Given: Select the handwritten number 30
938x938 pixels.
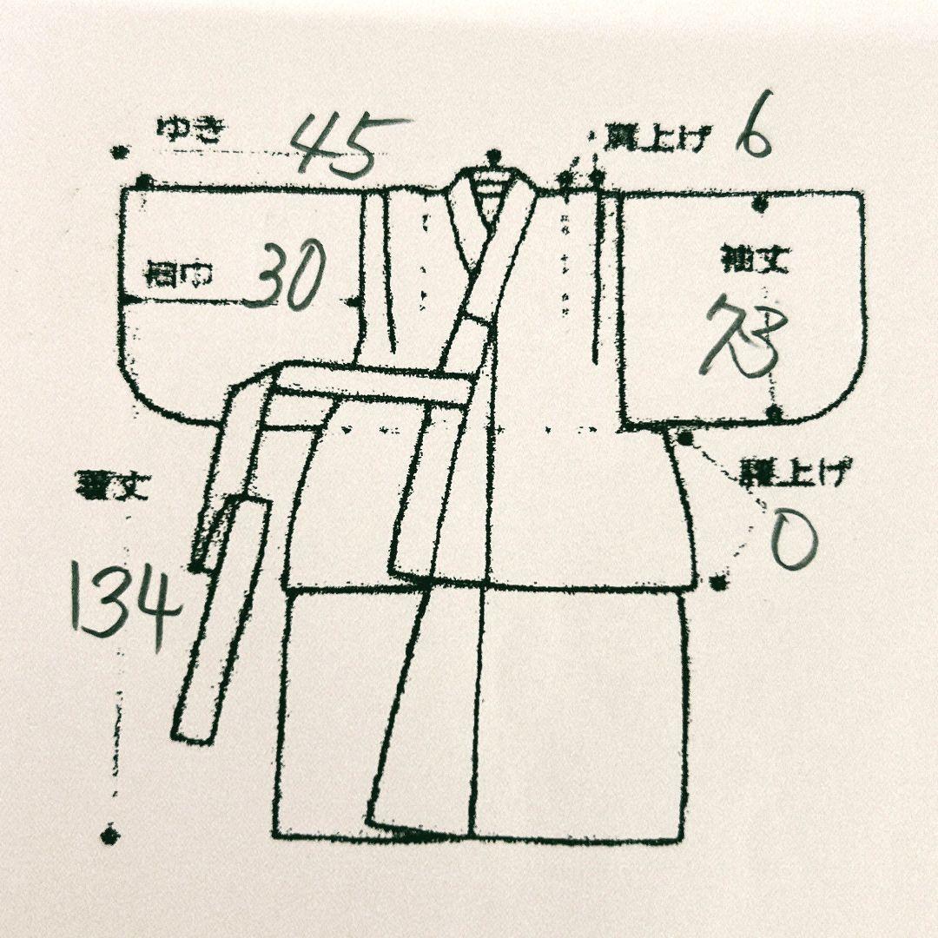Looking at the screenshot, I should (284, 274).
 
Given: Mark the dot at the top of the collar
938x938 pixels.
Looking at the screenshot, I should (495, 158).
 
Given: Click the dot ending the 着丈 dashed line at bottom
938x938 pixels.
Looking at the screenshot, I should (109, 836).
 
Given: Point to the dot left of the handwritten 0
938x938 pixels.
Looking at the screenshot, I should (717, 583).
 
